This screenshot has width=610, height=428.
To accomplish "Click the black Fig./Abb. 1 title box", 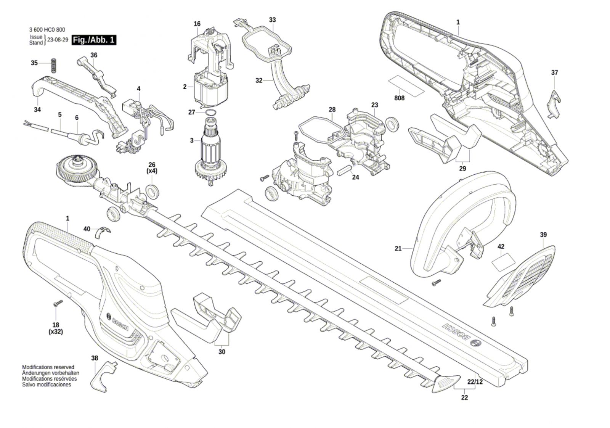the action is point(94,40).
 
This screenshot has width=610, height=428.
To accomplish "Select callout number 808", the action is point(400,98).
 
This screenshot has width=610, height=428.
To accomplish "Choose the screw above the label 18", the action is point(59,303).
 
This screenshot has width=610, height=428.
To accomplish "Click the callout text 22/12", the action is point(475,382).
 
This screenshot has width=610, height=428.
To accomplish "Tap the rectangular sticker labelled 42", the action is point(503,262).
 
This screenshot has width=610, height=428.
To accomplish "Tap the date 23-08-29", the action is point(58,40).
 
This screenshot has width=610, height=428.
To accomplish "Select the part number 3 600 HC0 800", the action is point(47,30).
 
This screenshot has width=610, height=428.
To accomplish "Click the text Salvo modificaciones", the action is point(47,385).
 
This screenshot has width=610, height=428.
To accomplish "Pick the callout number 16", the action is point(197,24).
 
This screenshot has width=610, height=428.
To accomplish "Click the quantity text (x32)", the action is point(56,332).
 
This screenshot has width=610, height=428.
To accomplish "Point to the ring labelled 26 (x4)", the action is point(153,191).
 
